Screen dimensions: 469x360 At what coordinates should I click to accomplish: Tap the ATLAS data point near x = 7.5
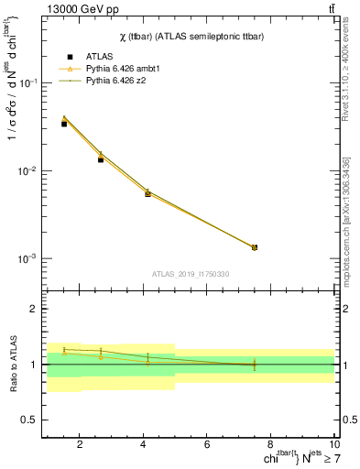click(x=255, y=247)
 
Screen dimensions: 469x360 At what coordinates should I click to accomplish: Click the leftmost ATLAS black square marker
click(x=64, y=124)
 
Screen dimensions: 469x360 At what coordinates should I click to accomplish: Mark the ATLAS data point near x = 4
click(x=147, y=194)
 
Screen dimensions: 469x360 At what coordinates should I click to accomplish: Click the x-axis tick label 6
click(x=207, y=445)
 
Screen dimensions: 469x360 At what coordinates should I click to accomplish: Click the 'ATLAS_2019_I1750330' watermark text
click(x=191, y=274)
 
